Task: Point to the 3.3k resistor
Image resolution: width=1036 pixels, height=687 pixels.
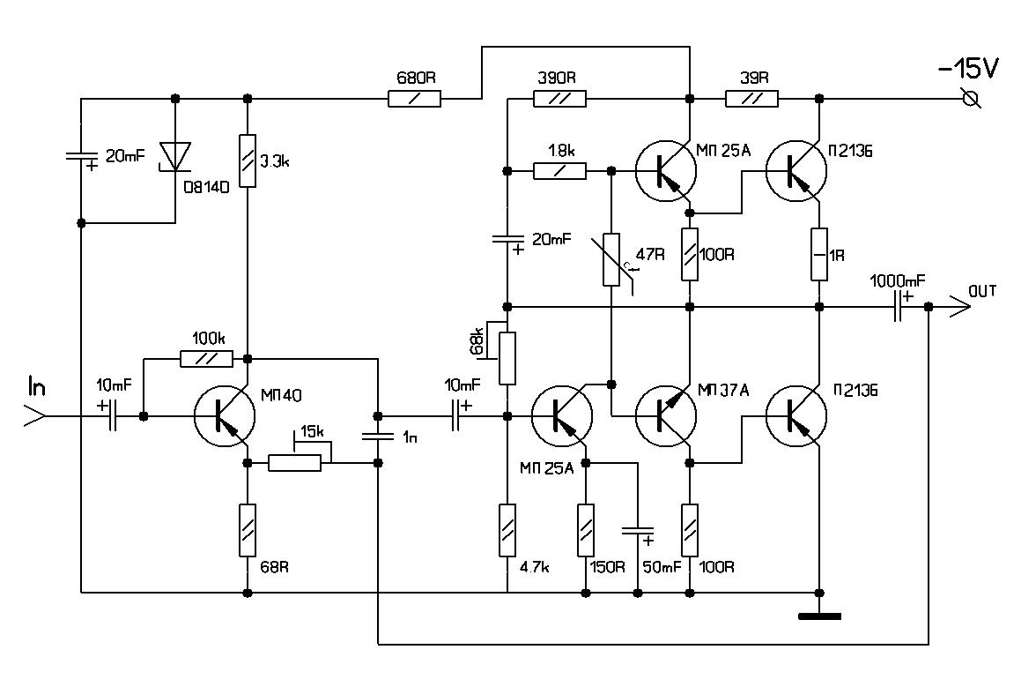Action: (248, 160)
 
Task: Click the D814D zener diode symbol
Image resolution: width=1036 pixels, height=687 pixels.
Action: (174, 156)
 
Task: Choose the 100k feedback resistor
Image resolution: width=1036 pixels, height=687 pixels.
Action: (205, 359)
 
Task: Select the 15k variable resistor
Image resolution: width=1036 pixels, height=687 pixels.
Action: (294, 463)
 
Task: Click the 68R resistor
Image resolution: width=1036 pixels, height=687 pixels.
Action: (248, 529)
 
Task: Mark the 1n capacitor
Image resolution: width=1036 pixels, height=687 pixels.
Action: (378, 436)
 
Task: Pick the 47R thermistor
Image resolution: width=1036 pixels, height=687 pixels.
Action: (611, 260)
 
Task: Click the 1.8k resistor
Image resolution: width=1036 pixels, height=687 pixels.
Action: (559, 171)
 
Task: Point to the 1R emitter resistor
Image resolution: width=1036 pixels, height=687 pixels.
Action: (819, 254)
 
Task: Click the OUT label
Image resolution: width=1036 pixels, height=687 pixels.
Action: (982, 290)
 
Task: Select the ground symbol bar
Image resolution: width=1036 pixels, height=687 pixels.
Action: (819, 616)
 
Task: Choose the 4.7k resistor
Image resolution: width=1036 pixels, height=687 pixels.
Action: (507, 529)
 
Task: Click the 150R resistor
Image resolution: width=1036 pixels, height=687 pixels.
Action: (585, 529)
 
